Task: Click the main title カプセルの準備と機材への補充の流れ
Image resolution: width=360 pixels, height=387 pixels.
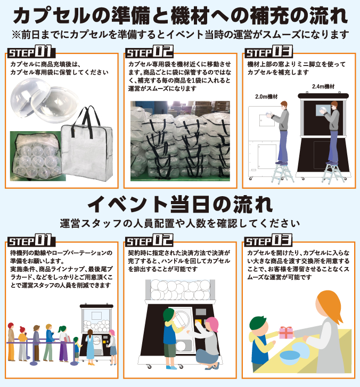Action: [180, 15]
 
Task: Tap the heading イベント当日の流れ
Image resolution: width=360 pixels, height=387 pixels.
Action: [180, 204]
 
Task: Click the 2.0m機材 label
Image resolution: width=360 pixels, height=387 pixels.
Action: [266, 96]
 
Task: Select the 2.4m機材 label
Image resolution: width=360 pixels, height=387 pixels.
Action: [323, 86]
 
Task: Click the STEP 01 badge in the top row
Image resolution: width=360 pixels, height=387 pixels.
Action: [31, 51]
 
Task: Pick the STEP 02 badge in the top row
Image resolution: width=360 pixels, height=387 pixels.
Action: [150, 51]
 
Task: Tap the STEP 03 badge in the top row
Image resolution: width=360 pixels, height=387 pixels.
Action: [268, 51]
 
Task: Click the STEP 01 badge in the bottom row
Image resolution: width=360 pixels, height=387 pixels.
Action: [31, 240]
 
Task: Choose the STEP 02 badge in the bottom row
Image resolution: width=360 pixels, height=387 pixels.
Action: [150, 240]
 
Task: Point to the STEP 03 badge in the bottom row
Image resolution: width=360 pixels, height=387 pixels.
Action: [268, 240]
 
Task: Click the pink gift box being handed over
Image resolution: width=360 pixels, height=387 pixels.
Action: [286, 333]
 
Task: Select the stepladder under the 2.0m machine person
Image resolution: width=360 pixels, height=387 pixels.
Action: [282, 173]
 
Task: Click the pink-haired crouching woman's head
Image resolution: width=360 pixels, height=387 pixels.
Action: [212, 324]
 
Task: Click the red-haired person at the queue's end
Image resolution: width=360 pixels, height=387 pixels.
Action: [11, 341]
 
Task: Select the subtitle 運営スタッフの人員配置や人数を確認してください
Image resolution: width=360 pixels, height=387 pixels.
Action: [180, 223]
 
